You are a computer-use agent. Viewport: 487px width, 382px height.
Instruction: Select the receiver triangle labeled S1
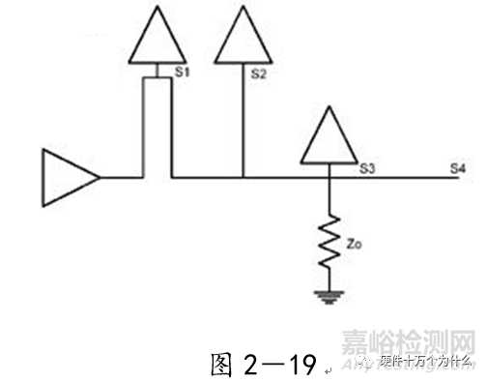point(156,39)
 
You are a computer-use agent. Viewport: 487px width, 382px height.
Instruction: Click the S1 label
point(181,72)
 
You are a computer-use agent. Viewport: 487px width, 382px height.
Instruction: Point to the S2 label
point(257,72)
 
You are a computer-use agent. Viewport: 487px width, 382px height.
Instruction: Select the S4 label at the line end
point(458,169)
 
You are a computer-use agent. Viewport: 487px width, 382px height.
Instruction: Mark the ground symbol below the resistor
point(330,295)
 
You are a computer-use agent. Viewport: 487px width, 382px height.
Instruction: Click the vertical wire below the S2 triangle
point(242,121)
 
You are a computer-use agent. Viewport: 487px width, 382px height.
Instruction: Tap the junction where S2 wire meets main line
point(242,178)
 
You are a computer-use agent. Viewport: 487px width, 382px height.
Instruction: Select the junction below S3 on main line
point(330,178)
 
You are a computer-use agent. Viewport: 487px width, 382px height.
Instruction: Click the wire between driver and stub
point(121,178)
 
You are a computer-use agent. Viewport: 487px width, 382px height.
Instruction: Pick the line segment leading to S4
point(406,178)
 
